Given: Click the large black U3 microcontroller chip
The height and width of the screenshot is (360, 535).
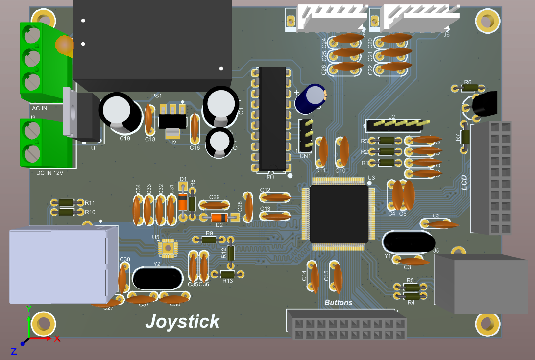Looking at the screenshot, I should point(339,214).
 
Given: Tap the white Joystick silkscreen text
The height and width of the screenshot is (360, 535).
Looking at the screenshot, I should point(182,322).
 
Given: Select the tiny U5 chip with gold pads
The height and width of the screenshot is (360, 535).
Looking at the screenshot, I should point(168,248).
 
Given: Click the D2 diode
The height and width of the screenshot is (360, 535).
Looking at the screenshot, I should point(219,217).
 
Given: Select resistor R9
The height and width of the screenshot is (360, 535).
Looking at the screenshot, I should point(209,240).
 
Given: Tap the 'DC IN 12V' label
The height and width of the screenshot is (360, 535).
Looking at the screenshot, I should point(49,173).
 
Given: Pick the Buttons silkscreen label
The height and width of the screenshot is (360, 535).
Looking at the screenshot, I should point(338,303).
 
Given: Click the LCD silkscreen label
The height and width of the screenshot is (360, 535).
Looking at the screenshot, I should point(464,182).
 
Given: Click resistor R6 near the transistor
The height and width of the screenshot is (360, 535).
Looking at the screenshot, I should point(469,88).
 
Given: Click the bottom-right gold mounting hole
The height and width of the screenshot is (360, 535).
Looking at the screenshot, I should point(486,324).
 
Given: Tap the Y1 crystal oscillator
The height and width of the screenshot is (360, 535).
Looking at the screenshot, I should point(408,242).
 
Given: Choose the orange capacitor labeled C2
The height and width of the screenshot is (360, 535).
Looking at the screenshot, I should point(440,224).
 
